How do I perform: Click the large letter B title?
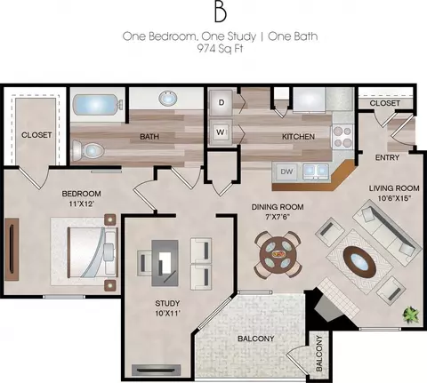coord(221,13)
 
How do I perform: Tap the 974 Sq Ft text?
coord(220,48)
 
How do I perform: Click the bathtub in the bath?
coord(97,105)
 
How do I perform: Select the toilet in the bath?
coord(88,150)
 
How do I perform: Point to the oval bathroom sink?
coord(168,98)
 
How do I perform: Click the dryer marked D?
coord(222,102)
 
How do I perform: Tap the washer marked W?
coord(221,132)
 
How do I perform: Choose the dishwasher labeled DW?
coord(286,172)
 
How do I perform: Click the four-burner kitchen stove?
coord(342,137)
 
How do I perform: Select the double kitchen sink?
coord(316,171)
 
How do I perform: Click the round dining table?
coord(278,254)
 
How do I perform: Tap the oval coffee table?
coord(359,262)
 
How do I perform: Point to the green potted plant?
coord(412,314)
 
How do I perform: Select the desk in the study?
coord(165,263)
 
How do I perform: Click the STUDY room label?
coord(167,303)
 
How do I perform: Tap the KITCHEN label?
coord(298,137)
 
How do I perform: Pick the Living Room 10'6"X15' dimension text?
coord(394,198)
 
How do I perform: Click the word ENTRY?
coord(387,157)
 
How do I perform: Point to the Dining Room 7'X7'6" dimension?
coord(278,217)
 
